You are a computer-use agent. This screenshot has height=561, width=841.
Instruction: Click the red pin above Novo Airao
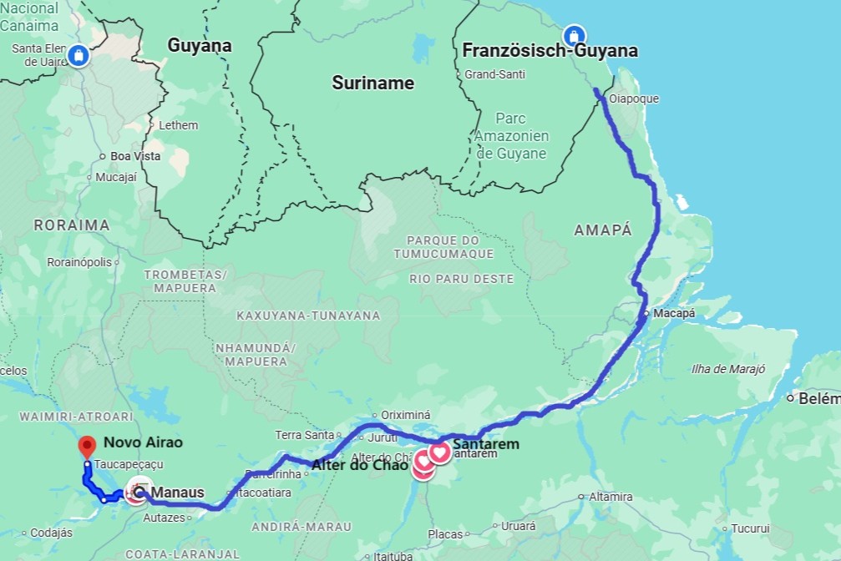87,445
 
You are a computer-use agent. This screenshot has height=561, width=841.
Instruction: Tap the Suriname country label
372,83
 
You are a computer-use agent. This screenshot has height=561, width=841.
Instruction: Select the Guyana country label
199,46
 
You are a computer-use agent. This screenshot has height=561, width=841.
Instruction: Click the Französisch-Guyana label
550,51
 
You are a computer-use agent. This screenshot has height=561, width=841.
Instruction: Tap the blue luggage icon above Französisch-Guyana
574,35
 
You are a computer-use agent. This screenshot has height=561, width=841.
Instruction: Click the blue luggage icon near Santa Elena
78,55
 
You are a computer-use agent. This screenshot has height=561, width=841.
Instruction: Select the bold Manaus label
178,493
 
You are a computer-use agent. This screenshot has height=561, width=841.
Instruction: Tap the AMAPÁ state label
603,230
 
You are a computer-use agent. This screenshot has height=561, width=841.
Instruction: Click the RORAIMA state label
72,225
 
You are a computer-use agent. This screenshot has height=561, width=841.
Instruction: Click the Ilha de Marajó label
727,369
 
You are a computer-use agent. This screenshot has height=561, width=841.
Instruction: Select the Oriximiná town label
405,414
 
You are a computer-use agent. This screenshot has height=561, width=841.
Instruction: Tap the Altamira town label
610,497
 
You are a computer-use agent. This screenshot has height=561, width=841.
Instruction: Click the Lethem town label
178,125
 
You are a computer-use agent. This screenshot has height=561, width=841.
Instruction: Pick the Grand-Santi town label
494,74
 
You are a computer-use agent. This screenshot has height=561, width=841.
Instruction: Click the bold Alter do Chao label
360,465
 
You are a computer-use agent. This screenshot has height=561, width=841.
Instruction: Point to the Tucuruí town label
750,528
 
